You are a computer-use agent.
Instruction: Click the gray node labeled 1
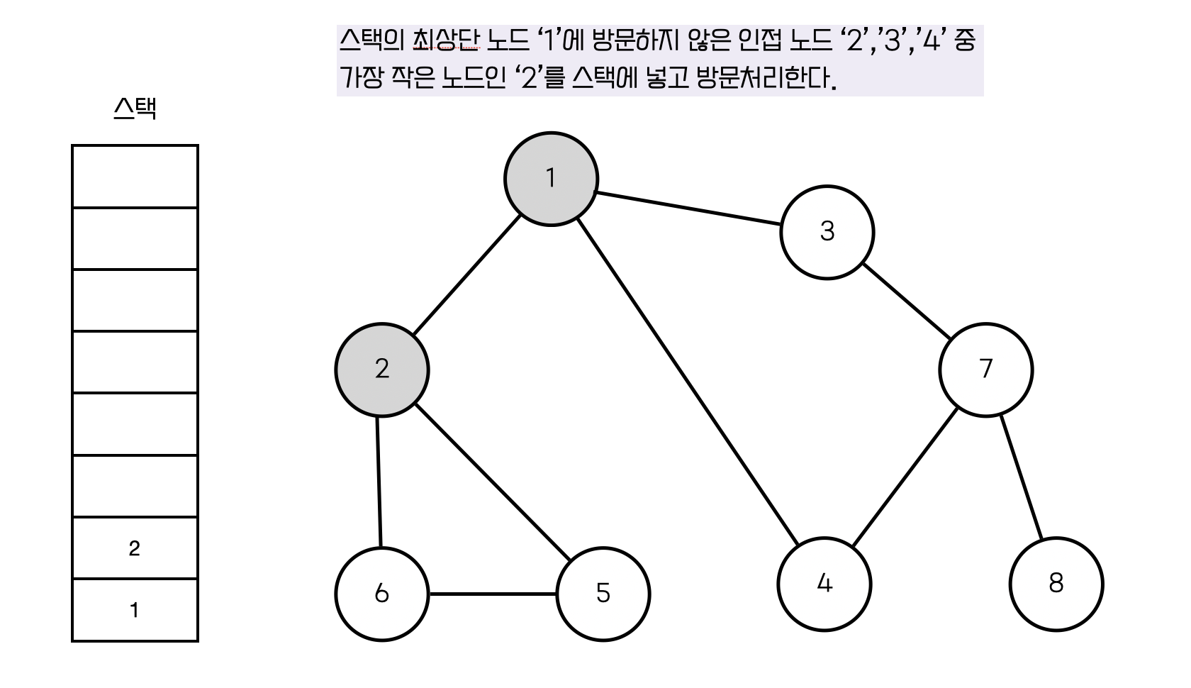pos(551,179)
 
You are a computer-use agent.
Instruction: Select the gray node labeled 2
pos(382,370)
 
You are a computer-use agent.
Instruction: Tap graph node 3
pos(827,232)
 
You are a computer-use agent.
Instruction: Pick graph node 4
pos(824,584)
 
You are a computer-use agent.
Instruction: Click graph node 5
pos(603,594)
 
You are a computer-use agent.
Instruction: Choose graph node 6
pos(382,594)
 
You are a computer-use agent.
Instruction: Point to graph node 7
pos(985,370)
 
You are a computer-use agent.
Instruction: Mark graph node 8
pos(1056,584)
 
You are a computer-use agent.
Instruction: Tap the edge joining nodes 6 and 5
pos(493,594)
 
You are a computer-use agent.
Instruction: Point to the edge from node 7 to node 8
pos(1021,477)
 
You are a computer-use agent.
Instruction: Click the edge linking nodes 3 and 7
pos(906,301)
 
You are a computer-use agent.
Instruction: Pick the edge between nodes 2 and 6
pos(379,482)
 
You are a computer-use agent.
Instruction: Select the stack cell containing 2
pos(135,548)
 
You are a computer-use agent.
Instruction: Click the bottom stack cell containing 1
pos(135,610)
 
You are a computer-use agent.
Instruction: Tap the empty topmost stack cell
pos(135,177)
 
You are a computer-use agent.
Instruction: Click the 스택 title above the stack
pos(135,109)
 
